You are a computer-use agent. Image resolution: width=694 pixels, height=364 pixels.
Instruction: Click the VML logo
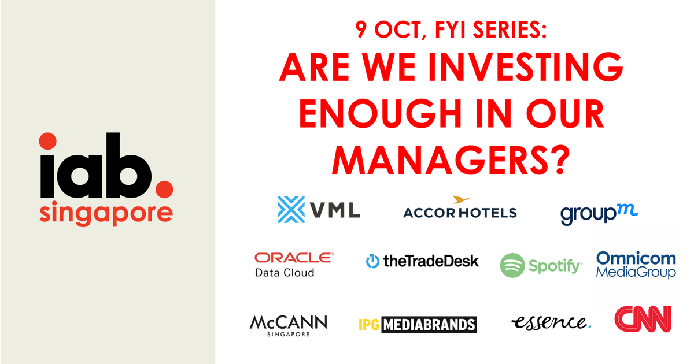(319, 210)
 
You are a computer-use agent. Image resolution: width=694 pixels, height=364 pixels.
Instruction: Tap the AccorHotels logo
(459, 209)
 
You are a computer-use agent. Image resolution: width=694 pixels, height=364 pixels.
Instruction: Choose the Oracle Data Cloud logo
(294, 264)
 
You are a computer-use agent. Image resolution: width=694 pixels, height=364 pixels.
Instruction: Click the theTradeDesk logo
(422, 261)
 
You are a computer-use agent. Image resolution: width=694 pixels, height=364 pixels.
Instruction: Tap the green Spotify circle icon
(512, 266)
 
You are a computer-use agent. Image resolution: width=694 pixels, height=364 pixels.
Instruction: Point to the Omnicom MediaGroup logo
(636, 265)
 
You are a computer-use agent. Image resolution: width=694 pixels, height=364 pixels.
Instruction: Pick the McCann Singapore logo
(288, 325)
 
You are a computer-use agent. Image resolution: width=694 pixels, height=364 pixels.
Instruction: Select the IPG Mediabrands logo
(417, 325)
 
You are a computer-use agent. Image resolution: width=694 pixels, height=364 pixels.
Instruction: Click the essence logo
(551, 322)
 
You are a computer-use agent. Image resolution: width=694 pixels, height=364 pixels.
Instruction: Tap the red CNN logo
(643, 319)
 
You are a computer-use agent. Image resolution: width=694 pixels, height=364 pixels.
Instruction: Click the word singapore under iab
(106, 213)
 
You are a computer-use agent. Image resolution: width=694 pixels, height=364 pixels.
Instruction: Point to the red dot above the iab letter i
(47, 141)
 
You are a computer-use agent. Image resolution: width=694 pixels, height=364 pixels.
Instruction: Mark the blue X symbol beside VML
(291, 210)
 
